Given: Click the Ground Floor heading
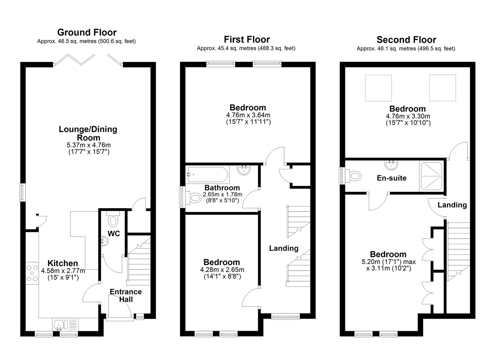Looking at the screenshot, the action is coord(87,33).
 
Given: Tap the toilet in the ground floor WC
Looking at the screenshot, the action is coord(113,219).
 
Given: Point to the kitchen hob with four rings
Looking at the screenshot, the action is coord(32,273).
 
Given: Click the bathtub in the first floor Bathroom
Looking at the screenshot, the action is coord(207,175).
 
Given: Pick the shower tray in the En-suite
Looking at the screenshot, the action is coord(431,176).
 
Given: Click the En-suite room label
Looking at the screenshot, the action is coord(392,178).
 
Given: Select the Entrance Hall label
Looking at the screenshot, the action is coord(126,296).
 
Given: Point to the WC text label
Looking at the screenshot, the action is coord(114,234).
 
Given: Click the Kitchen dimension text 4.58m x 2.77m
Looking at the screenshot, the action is coord(63,271).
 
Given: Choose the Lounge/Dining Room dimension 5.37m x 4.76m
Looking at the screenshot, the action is coord(89,145).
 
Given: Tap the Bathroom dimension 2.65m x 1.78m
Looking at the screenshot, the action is coord(222,194).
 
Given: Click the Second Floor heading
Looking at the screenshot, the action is coord(406,40).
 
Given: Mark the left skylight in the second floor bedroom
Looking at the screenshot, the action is coord(378,88).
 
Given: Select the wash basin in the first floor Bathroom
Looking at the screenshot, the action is coord(244,170).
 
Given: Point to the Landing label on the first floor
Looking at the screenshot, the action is coord(284,249).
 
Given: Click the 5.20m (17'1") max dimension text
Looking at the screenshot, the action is coord(389,262).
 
